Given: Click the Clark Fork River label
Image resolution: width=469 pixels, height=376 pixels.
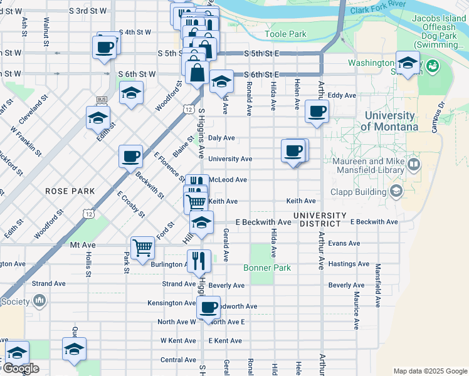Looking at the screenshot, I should tap(379, 11).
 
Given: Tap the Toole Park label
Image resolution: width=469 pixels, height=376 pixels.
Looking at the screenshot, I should tap(285, 34).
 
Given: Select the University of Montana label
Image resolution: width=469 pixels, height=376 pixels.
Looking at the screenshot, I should tap(389, 121).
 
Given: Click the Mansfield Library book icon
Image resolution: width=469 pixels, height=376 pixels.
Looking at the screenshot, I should tap(413, 165).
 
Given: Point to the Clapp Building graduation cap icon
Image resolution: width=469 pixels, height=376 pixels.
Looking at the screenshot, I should tap(396, 190).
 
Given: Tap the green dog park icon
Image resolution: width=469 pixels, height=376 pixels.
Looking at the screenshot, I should tap(431, 65).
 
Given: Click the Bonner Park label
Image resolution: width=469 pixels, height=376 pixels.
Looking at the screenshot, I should tap(267, 268).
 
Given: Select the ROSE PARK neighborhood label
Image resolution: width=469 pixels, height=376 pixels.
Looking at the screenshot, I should tap(70, 191).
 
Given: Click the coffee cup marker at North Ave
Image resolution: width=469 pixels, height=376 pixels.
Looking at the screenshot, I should tap(209, 307).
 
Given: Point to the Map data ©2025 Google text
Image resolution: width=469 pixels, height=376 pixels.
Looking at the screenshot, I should tap(429, 371).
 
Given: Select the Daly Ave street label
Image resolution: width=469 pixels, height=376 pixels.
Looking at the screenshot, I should tap(221, 138).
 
